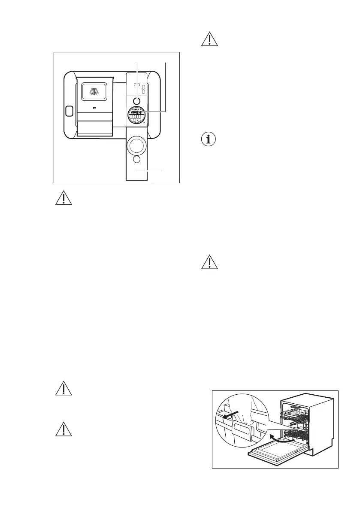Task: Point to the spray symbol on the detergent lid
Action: (x=94, y=91)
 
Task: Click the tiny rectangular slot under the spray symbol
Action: (x=94, y=108)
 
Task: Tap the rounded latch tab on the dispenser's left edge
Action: (x=69, y=112)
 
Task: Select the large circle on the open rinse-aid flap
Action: (x=136, y=145)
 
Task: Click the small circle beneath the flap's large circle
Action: (x=136, y=160)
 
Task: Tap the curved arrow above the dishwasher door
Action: (x=278, y=438)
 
